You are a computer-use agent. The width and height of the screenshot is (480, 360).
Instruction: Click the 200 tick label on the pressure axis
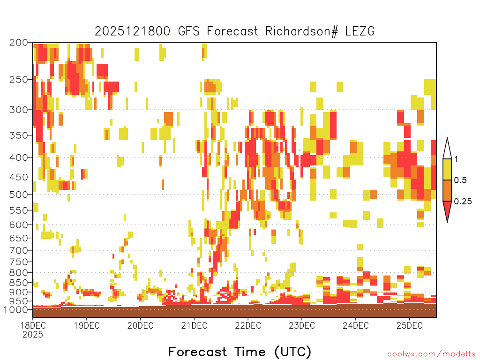click(x=19, y=43)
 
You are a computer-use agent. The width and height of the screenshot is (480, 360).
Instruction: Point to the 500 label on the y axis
click(x=19, y=195)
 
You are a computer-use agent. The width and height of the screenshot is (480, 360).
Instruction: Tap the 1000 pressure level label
click(x=16, y=309)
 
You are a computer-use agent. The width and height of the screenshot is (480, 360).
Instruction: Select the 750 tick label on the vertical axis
click(x=19, y=262)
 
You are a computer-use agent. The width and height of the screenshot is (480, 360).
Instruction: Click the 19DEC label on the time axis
click(x=87, y=325)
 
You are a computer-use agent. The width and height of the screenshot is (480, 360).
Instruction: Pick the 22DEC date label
click(x=248, y=325)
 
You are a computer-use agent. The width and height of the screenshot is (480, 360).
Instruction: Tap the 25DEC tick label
click(x=410, y=325)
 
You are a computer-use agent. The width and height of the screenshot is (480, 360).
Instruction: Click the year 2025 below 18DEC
click(x=33, y=335)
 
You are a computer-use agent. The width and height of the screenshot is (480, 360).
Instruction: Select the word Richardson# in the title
click(x=301, y=31)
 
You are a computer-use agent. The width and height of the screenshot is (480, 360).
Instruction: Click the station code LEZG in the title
click(x=360, y=31)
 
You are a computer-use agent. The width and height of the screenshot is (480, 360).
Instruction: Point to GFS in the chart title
click(x=189, y=31)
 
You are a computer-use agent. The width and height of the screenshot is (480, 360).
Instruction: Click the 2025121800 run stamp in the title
click(x=133, y=31)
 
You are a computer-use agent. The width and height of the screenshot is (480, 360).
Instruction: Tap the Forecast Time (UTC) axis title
click(x=240, y=352)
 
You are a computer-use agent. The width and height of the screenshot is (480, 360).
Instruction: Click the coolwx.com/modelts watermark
click(x=431, y=354)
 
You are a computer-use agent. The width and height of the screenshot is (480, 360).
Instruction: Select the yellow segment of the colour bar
click(x=447, y=169)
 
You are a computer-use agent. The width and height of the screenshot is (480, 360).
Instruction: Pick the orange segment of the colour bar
click(x=447, y=190)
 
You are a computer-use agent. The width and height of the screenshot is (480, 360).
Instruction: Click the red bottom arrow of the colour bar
click(x=447, y=210)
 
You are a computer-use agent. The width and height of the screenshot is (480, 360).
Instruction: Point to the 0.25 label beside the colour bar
click(x=463, y=201)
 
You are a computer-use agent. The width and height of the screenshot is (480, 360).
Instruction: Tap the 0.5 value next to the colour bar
click(x=460, y=180)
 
